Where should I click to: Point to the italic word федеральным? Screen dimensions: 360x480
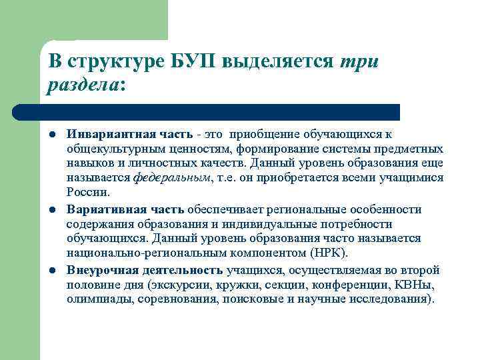171,178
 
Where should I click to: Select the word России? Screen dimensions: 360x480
87,193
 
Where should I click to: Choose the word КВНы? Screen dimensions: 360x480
414,285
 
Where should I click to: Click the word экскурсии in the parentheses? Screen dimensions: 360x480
180,285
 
